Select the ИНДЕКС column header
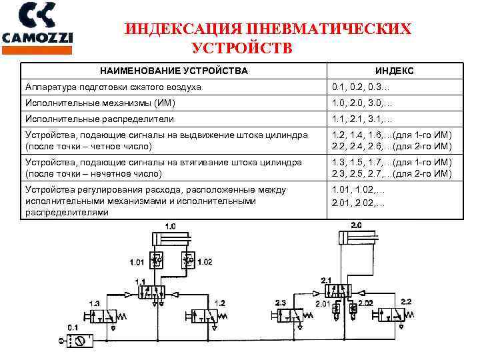(x=394, y=71)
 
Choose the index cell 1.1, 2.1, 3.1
(x=358, y=119)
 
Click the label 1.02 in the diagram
(x=205, y=262)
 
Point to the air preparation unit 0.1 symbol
(x=77, y=341)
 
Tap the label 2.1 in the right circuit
(x=326, y=279)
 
